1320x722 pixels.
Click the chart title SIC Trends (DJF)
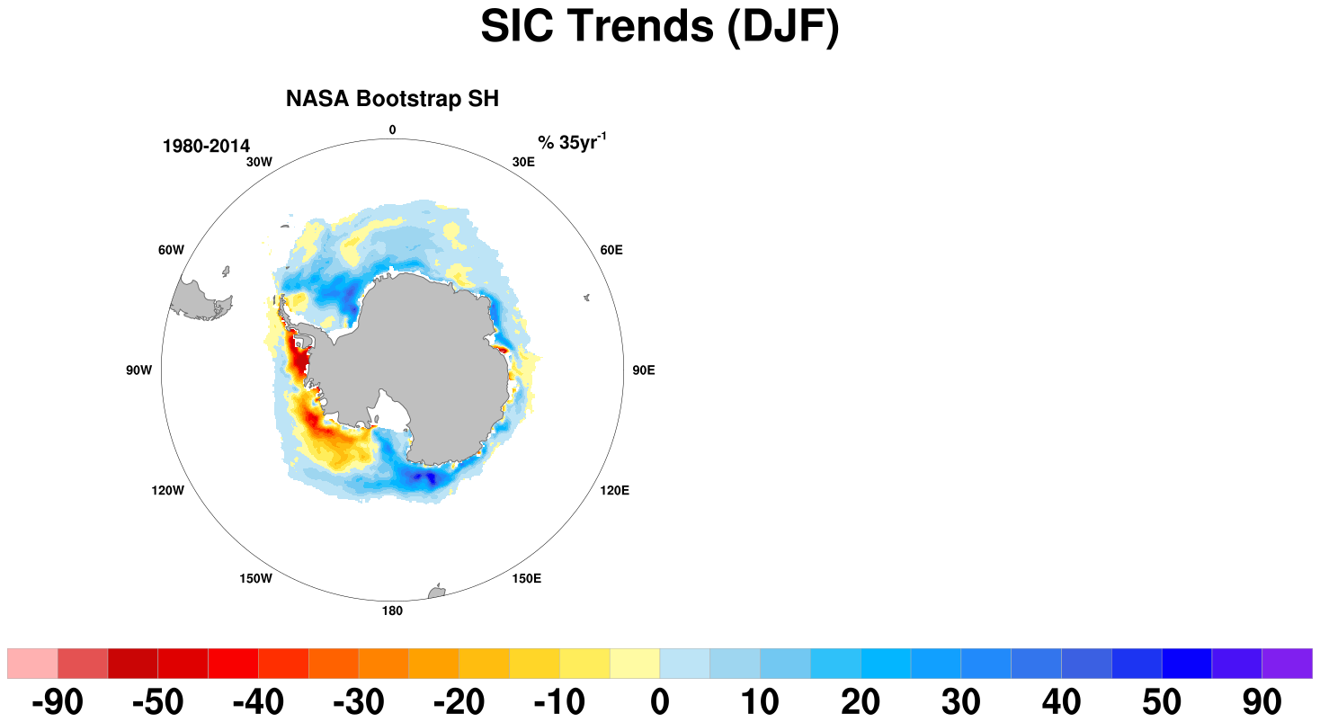pyautogui.click(x=659, y=26)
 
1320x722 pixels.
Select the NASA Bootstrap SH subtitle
pyautogui.click(x=392, y=98)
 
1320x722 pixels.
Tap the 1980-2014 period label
pyautogui.click(x=206, y=146)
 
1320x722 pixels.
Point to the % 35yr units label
pyautogui.click(x=572, y=142)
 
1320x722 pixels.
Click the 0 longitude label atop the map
pyautogui.click(x=392, y=129)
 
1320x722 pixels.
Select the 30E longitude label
pyautogui.click(x=523, y=162)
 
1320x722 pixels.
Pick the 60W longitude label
pyautogui.click(x=171, y=250)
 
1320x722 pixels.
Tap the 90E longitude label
pyautogui.click(x=644, y=370)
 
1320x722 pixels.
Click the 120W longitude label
pyautogui.click(x=168, y=490)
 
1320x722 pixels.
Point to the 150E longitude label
pyautogui.click(x=526, y=578)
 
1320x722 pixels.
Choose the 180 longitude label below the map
pyautogui.click(x=392, y=611)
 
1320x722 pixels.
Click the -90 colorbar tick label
pyautogui.click(x=58, y=701)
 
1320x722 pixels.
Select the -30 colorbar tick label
pyautogui.click(x=358, y=701)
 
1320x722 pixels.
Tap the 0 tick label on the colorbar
pyautogui.click(x=660, y=701)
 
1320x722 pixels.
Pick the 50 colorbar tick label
pyautogui.click(x=1162, y=701)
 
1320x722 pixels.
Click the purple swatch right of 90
pyautogui.click(x=1287, y=664)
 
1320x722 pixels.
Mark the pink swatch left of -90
pyautogui.click(x=32, y=664)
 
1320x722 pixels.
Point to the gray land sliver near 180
pyautogui.click(x=437, y=592)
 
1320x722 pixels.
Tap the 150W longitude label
pyautogui.click(x=255, y=578)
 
